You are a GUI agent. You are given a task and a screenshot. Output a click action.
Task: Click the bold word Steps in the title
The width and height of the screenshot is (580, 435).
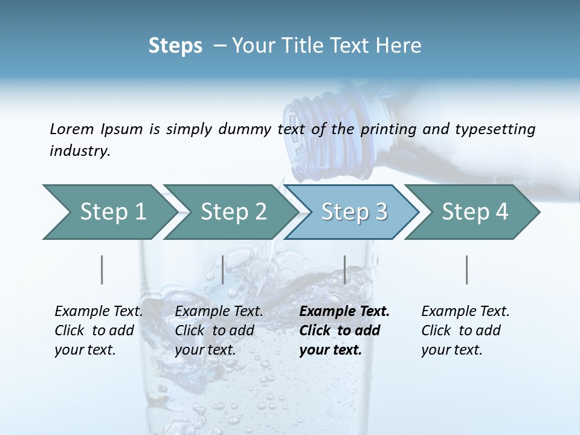[175, 46]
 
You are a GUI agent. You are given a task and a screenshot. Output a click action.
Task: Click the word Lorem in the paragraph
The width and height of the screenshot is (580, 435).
[71, 129]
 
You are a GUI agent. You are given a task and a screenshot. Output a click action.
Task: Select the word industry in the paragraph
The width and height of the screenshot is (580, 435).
[80, 150]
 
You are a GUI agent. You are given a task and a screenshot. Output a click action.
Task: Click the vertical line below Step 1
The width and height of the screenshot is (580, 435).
[102, 269]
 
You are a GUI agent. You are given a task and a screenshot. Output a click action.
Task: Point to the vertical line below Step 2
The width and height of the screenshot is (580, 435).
[223, 269]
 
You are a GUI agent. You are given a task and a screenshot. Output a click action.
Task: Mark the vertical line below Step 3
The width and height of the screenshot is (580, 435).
[345, 269]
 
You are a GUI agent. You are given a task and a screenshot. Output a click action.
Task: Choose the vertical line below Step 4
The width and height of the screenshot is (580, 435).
[467, 269]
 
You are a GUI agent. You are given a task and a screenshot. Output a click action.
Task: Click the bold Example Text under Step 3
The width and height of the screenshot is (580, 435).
[344, 312]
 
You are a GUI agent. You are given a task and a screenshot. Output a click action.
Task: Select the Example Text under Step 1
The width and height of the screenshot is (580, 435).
[98, 312]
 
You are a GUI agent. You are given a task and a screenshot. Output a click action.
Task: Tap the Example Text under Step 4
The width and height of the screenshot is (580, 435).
[465, 312]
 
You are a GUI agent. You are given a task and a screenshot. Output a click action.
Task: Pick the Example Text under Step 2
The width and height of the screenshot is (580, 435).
[219, 312]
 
